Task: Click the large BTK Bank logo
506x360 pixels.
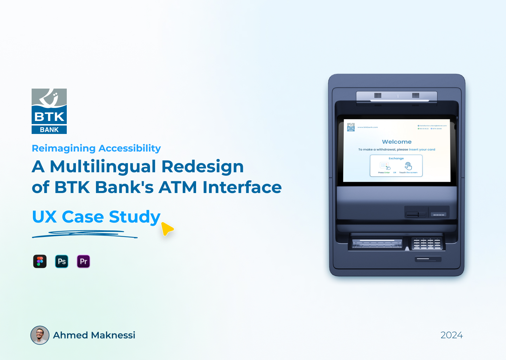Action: pos(49,111)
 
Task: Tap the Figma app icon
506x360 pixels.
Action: pos(40,262)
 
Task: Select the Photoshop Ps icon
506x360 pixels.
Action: pos(62,262)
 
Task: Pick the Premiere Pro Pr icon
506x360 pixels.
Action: pos(84,262)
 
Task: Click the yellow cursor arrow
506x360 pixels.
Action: pos(167,229)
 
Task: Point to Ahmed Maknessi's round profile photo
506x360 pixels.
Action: pos(40,335)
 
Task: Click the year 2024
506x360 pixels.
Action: pos(452,335)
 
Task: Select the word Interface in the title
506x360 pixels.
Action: pos(242,187)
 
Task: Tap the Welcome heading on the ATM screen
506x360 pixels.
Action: pos(397,142)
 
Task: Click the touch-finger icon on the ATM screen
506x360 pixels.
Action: pos(408,166)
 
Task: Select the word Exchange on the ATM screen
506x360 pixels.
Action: pos(396,159)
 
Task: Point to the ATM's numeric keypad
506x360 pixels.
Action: pos(427,243)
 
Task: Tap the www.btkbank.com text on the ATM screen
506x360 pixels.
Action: pos(368,127)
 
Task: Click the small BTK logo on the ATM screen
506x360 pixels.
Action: pos(351,127)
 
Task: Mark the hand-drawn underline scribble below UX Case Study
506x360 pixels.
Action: pos(84,234)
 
